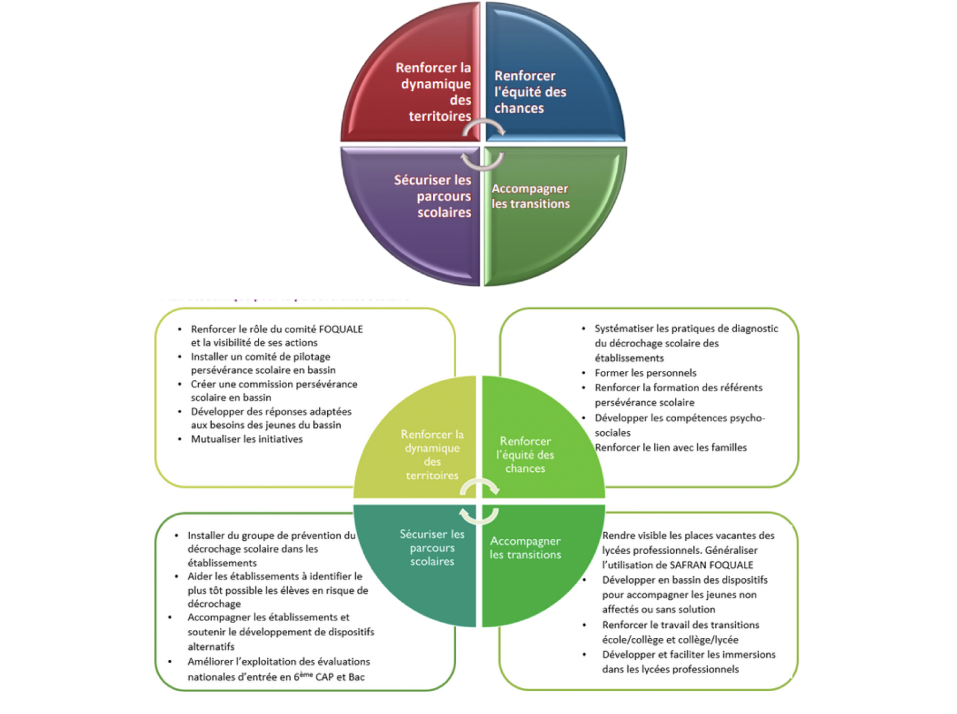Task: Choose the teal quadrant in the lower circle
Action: [424, 561]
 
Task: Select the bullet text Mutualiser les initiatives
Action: [247, 439]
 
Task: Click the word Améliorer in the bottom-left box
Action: [210, 662]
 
